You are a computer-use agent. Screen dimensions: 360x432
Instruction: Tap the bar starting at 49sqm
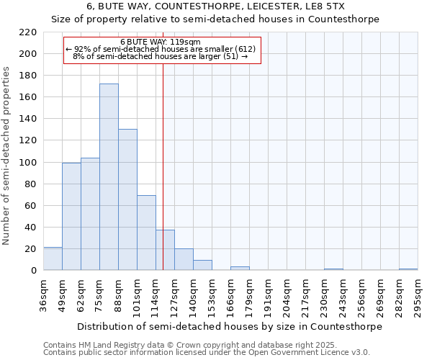(71, 216)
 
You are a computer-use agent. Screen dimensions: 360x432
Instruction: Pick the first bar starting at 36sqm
(53, 258)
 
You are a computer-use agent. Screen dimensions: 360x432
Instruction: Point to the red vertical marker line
(163, 144)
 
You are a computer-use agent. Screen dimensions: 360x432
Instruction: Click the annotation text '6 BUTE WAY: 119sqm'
(161, 42)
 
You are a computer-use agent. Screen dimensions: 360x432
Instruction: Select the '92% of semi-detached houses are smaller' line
(161, 49)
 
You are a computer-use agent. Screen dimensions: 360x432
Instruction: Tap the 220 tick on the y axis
(28, 32)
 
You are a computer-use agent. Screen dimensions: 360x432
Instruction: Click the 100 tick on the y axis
(28, 163)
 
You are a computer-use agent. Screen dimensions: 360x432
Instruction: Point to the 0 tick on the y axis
(33, 271)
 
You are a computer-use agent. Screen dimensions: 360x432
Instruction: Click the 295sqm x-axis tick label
(418, 296)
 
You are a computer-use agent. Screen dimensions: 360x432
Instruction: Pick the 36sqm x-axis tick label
(44, 296)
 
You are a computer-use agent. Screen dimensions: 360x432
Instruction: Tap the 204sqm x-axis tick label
(287, 296)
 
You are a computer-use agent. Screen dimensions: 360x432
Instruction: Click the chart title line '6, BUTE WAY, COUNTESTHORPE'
(215, 6)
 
